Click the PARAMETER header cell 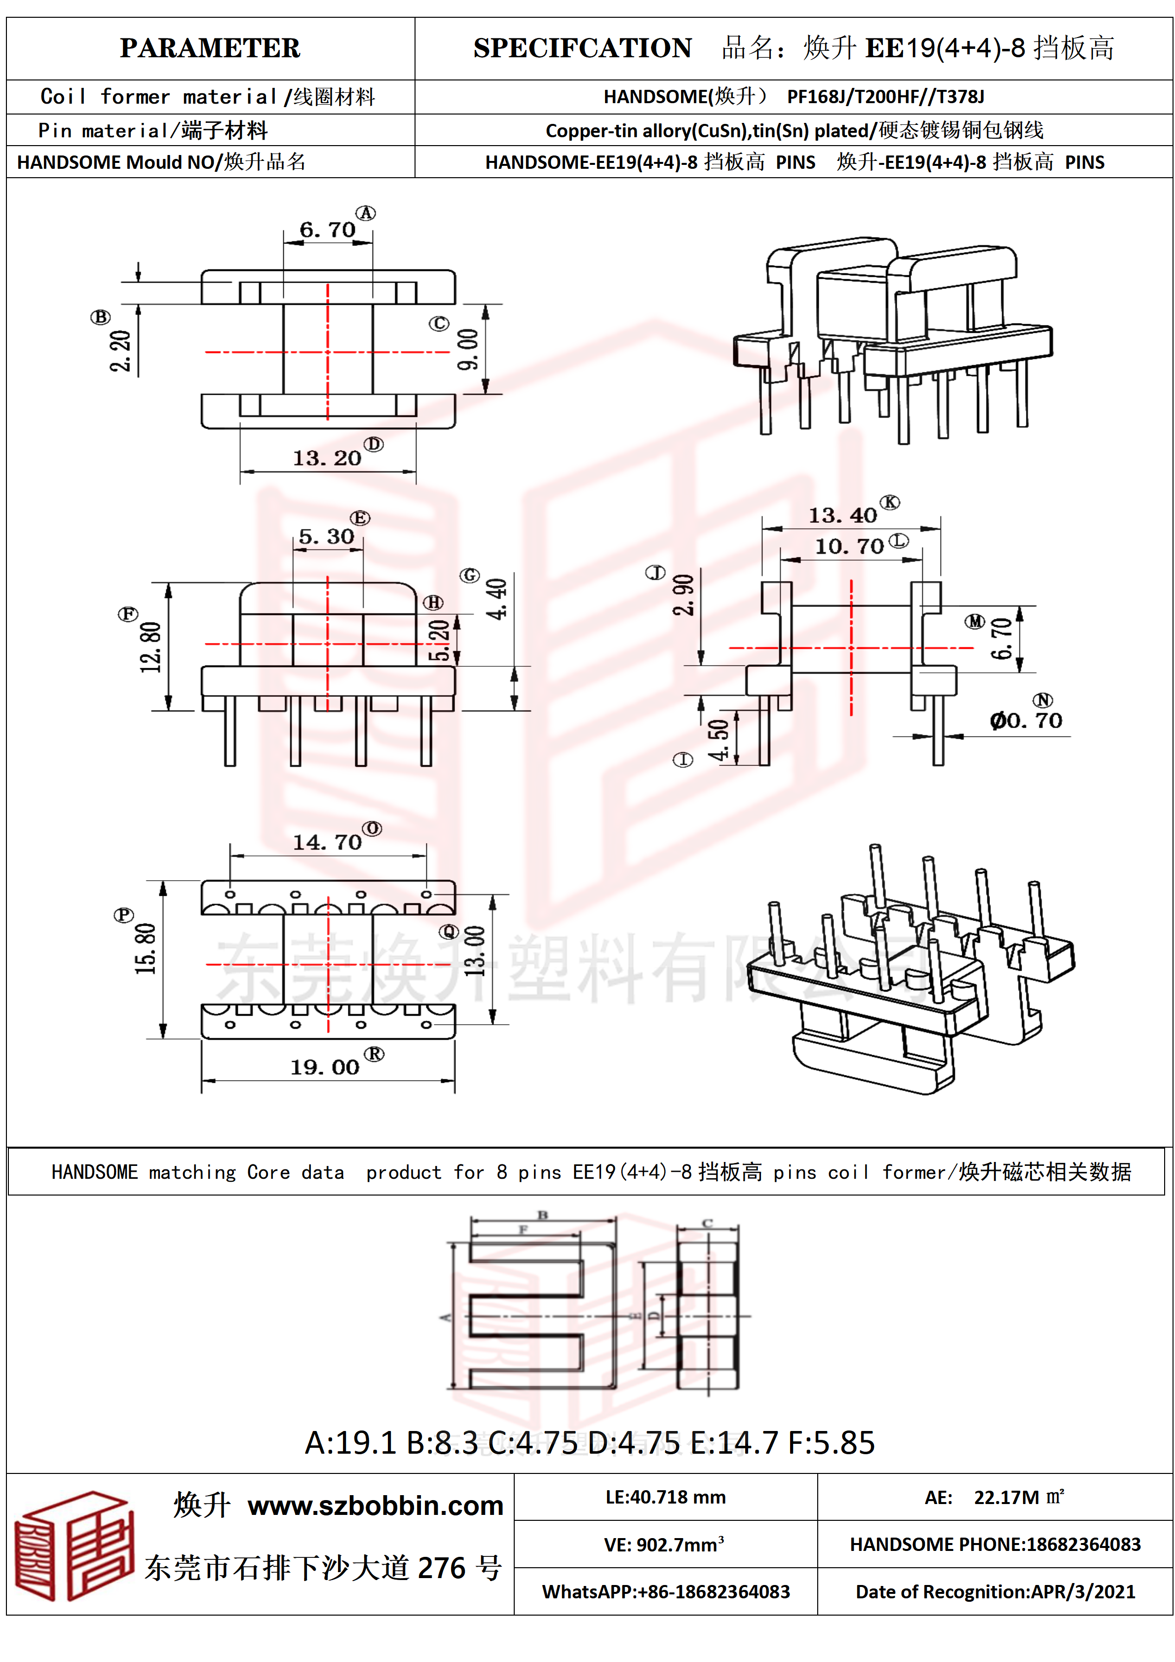210,48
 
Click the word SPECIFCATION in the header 582,48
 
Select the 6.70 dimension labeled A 328,230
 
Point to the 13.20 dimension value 327,458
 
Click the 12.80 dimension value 151,647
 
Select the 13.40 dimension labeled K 842,515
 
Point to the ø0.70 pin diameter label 1026,721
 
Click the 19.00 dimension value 325,1068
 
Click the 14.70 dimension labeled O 327,843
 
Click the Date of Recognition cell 995,1592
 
